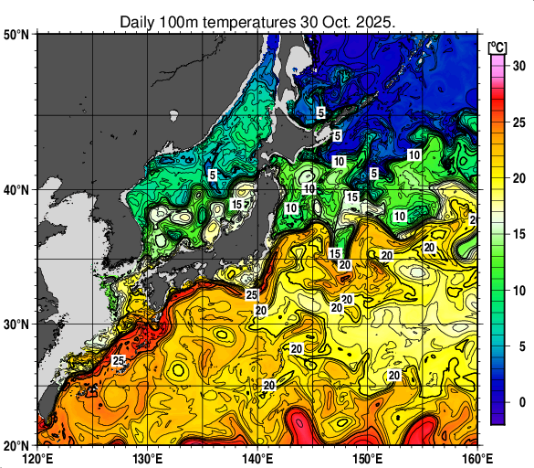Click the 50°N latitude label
16,34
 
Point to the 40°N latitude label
16,190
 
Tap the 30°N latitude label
16,324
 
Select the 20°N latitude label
16,445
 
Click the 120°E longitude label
37,458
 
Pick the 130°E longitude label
148,458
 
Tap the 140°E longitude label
257,458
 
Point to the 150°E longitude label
367,458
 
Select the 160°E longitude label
476,458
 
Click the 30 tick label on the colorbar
518,66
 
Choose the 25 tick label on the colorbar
518,122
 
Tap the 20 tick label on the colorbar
518,178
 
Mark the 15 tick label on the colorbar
518,234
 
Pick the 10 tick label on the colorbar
518,291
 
